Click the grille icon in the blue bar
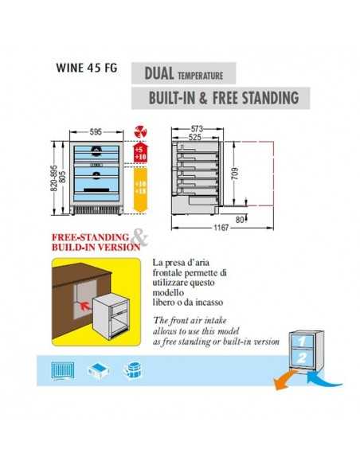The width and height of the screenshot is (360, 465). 61,370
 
